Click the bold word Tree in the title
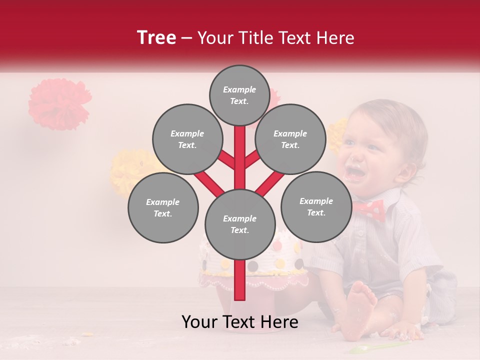coord(156,38)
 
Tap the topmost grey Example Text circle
coord(239,95)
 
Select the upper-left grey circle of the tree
coord(187,139)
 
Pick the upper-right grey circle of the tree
coord(290,139)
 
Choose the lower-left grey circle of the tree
coord(163,208)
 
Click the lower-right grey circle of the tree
coord(316,206)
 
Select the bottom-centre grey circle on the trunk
coord(240,224)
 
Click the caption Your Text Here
coord(240,322)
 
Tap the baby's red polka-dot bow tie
coord(369,209)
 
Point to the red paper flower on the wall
coord(59,103)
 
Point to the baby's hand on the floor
coord(407,330)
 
